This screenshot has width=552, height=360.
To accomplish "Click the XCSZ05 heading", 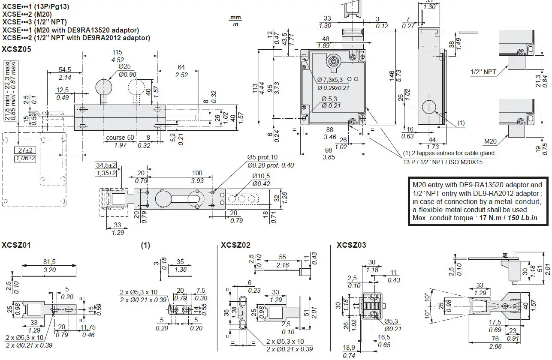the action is tap(16, 49).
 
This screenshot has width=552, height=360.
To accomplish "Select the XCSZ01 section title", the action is tap(16, 245).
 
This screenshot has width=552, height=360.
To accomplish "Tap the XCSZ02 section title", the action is tap(235, 245).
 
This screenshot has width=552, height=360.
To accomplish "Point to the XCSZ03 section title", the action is tap(351, 245).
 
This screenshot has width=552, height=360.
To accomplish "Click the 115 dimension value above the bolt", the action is tap(117, 52).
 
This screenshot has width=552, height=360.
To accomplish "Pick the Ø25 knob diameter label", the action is tap(125, 66).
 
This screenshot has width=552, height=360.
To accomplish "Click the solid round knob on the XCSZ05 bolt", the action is tap(104, 87).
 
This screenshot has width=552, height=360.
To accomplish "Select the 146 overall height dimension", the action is tap(392, 76).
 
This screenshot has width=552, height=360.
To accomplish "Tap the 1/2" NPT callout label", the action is tap(483, 72).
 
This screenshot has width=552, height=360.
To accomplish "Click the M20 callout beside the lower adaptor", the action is tap(490, 141).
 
